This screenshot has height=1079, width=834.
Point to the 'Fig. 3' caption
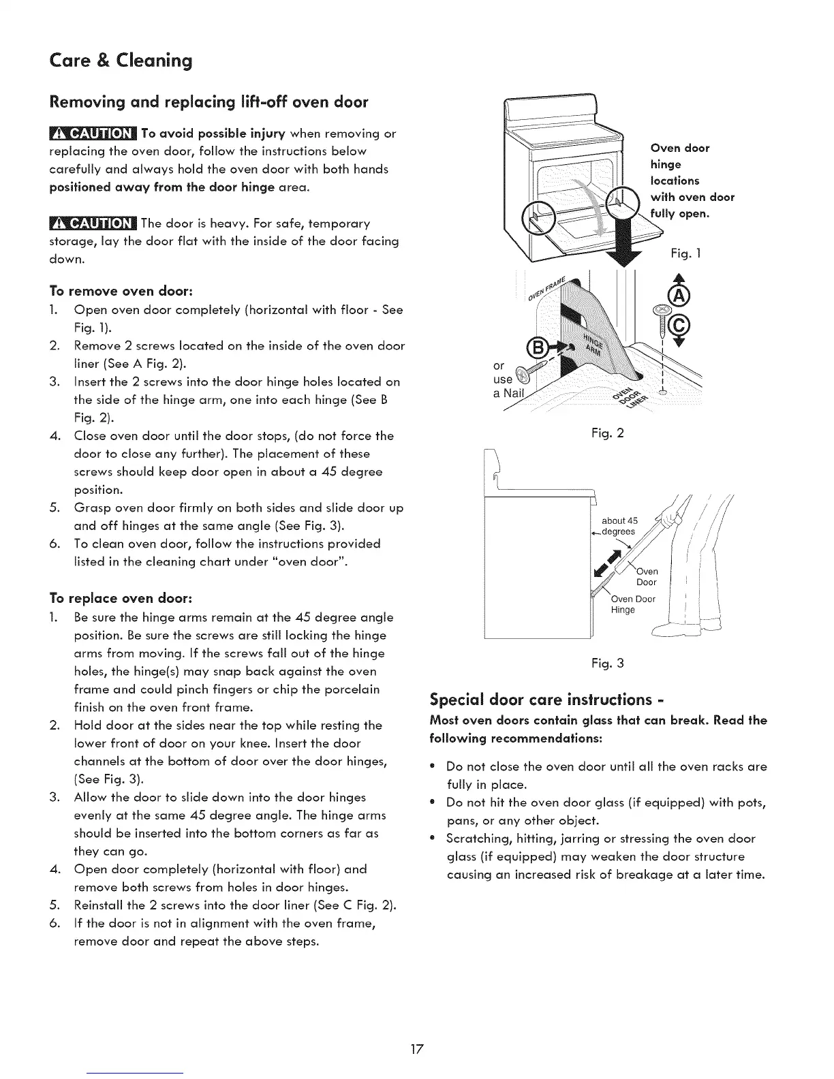(x=608, y=663)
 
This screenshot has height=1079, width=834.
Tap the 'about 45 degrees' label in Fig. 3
(x=619, y=526)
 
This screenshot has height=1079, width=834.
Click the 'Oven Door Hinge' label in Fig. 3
(x=632, y=604)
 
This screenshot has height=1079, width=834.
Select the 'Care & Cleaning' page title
(x=121, y=61)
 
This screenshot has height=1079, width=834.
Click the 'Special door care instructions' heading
(x=547, y=700)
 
